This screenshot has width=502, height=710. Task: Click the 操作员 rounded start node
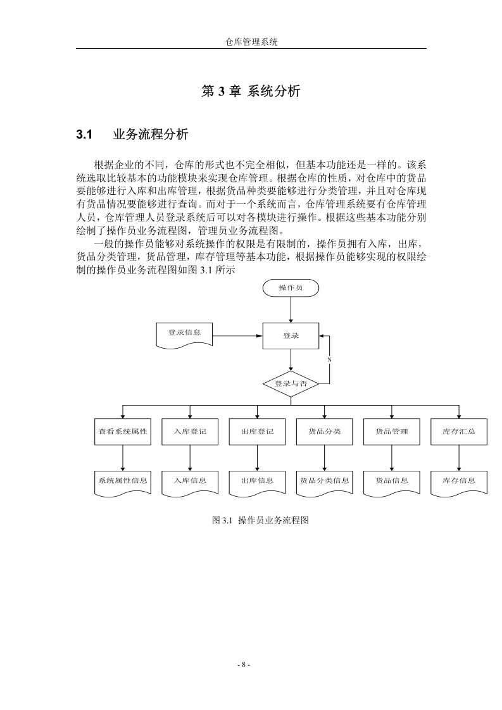click(x=291, y=288)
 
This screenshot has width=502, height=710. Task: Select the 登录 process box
click(x=291, y=336)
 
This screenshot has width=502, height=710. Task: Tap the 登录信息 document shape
click(x=184, y=335)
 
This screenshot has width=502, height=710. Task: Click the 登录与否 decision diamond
click(x=291, y=384)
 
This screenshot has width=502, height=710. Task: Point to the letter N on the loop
click(x=329, y=360)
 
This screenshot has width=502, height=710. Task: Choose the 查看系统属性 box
click(x=123, y=432)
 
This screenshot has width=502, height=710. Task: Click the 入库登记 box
click(x=190, y=432)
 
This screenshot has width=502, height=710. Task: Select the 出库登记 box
click(x=258, y=432)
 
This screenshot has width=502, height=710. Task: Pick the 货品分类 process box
click(x=324, y=432)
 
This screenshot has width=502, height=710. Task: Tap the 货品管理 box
click(x=392, y=432)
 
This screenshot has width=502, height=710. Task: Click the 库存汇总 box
click(x=459, y=432)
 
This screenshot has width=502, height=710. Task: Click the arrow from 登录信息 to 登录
click(x=238, y=336)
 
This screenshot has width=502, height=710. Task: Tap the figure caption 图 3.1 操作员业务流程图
click(x=261, y=520)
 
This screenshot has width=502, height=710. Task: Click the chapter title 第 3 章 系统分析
click(x=251, y=91)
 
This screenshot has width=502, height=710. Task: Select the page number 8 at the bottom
click(x=244, y=664)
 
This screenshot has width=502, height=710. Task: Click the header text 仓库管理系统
click(x=251, y=42)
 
